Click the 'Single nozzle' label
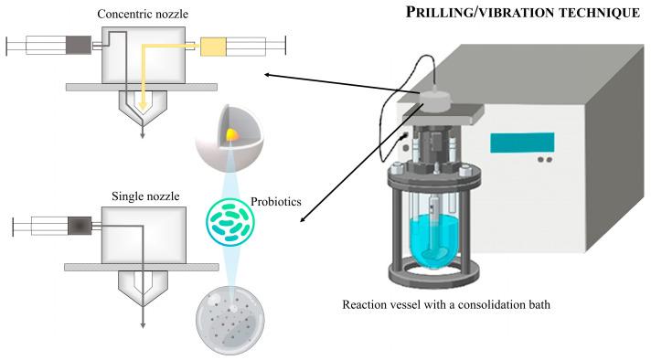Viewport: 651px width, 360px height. coord(144,195)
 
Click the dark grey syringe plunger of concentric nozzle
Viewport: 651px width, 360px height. coord(79,44)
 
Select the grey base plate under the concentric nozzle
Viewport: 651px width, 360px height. coord(142,86)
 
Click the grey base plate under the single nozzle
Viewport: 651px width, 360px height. coord(142,267)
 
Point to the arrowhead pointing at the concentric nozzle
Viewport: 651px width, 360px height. coord(266,75)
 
